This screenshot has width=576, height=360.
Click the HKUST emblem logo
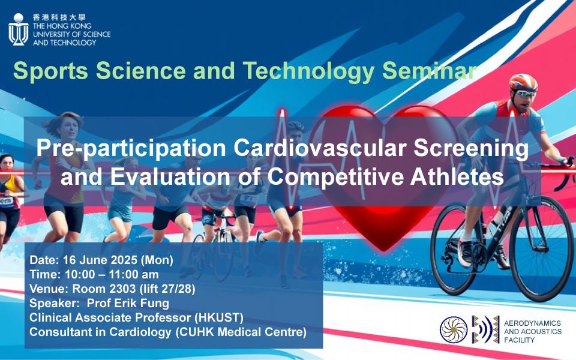click(19, 29)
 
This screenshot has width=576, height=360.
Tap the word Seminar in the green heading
click(430, 70)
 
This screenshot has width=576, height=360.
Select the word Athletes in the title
click(457, 176)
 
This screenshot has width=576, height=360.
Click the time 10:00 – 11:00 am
click(112, 274)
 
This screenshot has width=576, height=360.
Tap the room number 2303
click(122, 289)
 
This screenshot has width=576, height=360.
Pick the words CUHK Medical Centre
click(240, 332)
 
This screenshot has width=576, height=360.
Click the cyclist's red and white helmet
click(523, 82)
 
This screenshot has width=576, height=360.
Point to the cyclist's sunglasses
click(526, 94)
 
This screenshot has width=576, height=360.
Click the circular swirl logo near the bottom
click(454, 330)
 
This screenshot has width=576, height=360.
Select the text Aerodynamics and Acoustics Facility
click(532, 331)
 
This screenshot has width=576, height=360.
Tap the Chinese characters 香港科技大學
click(59, 17)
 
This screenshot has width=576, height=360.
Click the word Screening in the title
click(471, 148)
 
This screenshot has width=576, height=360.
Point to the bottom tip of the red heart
click(384, 252)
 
